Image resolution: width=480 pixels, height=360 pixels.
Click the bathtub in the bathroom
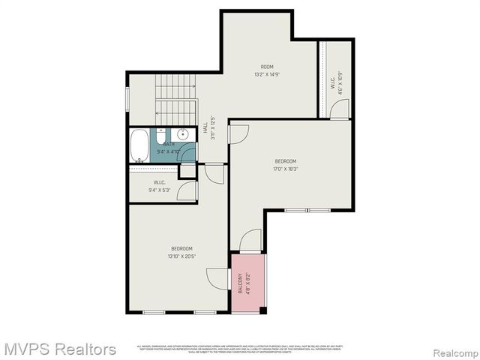point(140,143)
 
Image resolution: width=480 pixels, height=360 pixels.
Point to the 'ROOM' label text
point(268,67)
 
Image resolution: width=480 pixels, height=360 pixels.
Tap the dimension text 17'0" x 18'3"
point(285,169)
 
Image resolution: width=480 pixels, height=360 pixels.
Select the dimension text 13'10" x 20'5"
point(181,256)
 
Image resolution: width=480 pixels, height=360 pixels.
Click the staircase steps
point(175,97)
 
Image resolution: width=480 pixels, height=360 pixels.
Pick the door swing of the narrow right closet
point(339,109)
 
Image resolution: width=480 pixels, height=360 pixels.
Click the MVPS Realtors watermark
point(60,349)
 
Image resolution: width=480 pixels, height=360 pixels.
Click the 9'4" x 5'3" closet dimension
point(159,190)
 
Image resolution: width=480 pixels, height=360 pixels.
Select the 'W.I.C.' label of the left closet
point(159,182)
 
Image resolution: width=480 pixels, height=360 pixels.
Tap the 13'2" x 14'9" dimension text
point(267,74)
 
